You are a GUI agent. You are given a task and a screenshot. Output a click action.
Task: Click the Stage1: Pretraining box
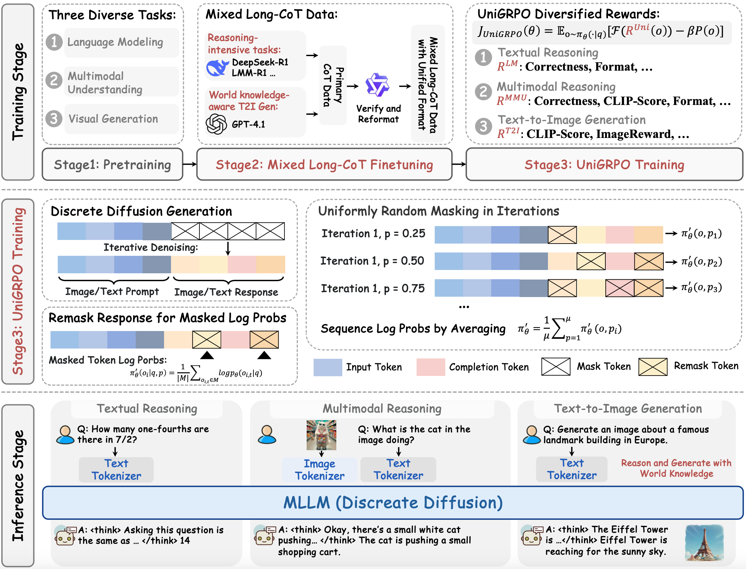[112, 165]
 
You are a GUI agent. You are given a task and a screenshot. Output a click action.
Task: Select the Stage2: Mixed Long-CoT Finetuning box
[324, 165]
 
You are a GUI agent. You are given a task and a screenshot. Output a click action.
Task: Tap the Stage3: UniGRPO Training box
[604, 165]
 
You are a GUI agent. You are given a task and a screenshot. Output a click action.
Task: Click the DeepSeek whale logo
[217, 68]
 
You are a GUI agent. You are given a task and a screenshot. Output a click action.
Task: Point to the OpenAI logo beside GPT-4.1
[216, 124]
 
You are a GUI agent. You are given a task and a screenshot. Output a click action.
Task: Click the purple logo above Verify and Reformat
[377, 85]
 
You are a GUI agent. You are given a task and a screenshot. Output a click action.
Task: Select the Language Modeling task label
[115, 42]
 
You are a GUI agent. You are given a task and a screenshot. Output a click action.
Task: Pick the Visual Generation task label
[113, 119]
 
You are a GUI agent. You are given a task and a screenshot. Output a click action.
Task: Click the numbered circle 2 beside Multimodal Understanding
[54, 81]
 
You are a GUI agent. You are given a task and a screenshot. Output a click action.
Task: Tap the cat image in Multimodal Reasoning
[321, 435]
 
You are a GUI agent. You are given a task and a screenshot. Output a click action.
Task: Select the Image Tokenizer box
[320, 470]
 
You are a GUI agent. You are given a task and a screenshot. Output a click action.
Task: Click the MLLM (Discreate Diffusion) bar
[393, 503]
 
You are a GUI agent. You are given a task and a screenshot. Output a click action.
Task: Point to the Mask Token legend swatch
[556, 367]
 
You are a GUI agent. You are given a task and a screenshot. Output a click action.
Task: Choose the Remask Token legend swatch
[653, 367]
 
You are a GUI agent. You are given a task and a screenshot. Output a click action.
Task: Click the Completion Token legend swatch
[430, 367]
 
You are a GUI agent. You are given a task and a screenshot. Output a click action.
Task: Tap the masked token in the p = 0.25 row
[562, 235]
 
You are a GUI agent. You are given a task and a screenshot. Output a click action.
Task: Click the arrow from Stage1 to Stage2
[190, 165]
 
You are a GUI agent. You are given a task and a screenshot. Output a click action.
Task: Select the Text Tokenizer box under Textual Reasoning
[116, 470]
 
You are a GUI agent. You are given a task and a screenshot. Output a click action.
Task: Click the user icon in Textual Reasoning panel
[65, 435]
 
